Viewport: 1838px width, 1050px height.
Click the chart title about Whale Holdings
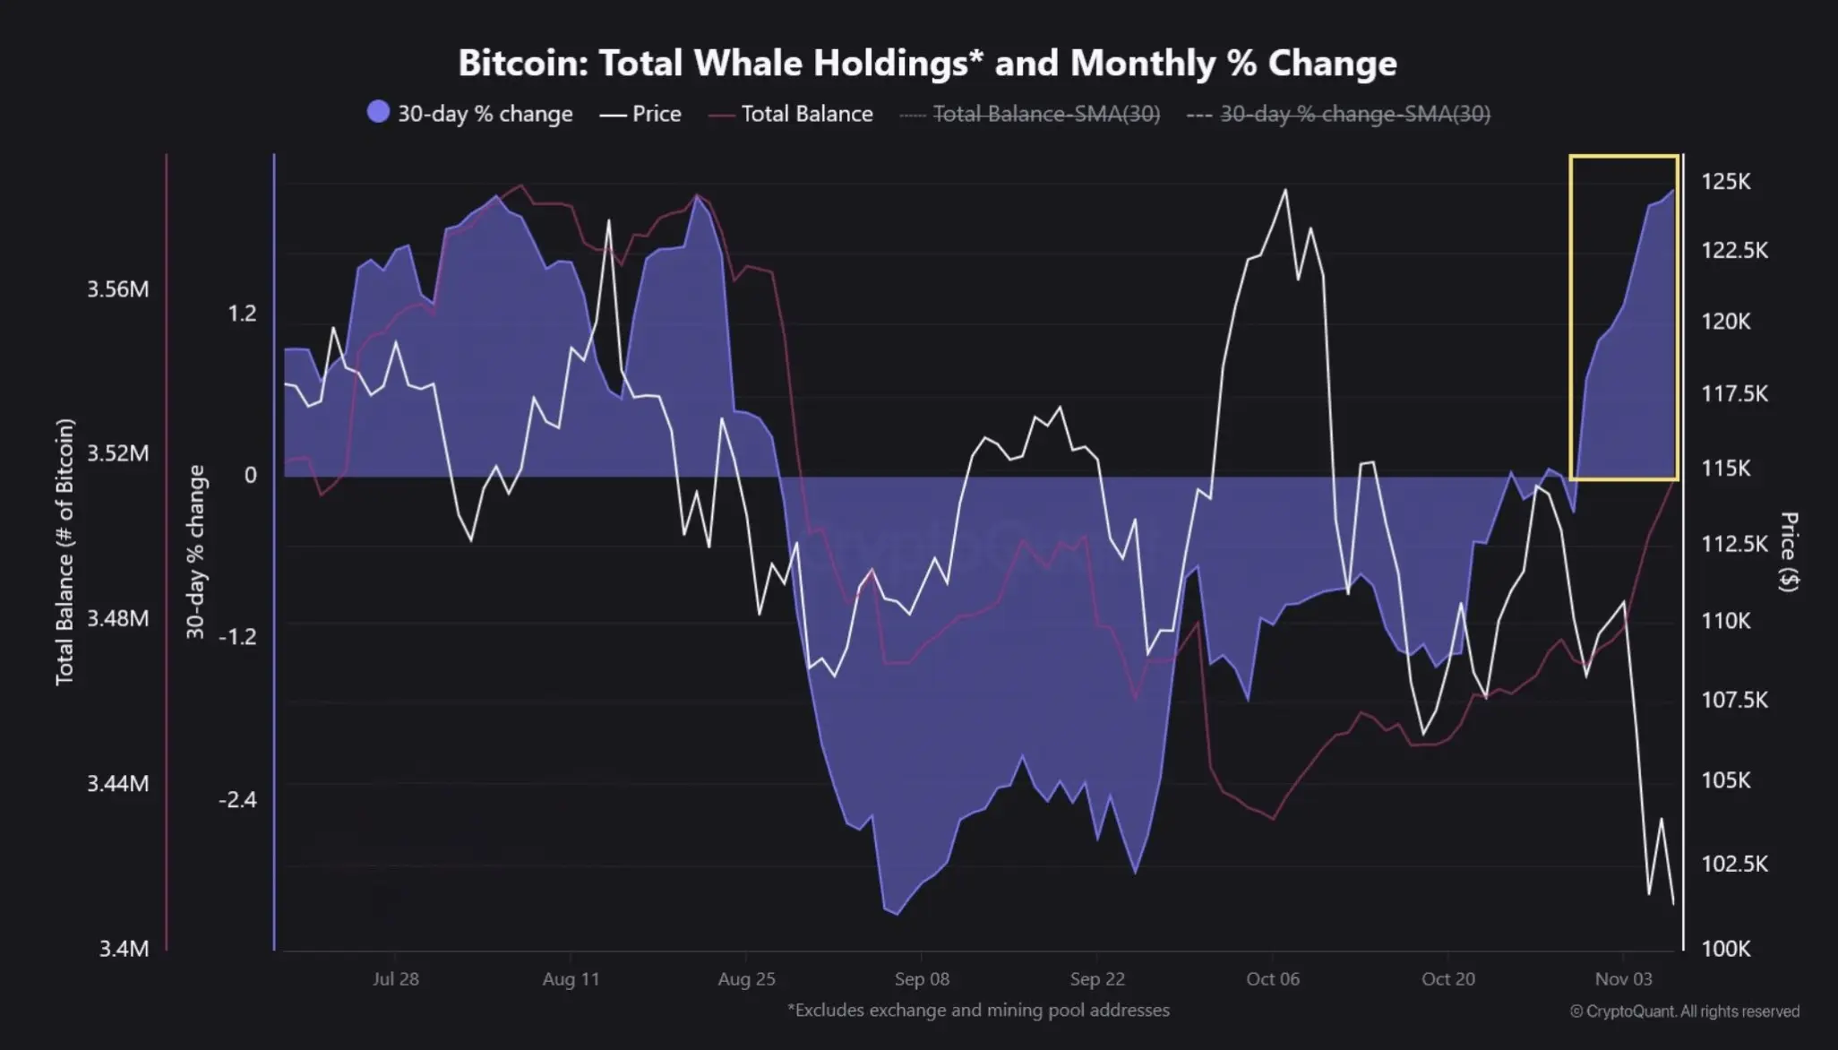click(927, 64)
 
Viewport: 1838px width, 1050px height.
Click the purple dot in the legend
click(379, 112)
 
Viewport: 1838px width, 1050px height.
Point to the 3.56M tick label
click(117, 289)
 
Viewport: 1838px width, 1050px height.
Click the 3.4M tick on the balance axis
click(124, 948)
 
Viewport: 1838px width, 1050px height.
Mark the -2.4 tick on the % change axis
click(237, 798)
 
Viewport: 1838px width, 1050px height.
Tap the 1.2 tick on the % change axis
click(242, 313)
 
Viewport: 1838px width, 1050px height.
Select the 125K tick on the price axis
click(1725, 182)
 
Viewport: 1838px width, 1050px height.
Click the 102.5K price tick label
click(1734, 864)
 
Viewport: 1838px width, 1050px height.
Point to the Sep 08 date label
click(922, 979)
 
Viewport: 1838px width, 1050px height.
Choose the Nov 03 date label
click(1623, 979)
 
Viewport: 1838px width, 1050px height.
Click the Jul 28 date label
click(395, 979)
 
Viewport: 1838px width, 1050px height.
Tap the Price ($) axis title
click(1788, 551)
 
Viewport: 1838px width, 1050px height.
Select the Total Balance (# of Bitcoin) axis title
click(64, 552)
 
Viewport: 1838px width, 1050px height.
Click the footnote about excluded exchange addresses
click(978, 1011)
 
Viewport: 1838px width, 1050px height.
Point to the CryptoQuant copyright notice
click(1684, 1011)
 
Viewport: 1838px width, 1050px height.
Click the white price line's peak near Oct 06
click(1285, 190)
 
